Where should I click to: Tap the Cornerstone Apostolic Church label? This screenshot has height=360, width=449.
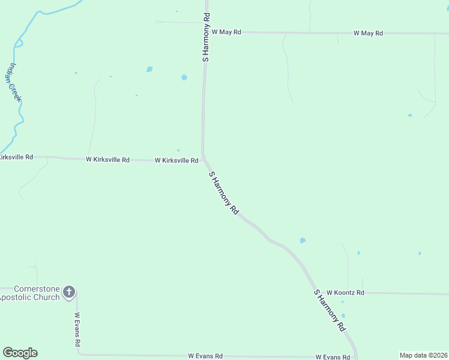(30, 293)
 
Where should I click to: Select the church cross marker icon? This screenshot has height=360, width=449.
(69, 292)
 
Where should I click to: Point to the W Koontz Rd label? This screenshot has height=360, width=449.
(345, 293)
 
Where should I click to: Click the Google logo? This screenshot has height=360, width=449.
(20, 353)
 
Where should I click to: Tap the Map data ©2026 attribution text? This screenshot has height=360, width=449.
(423, 355)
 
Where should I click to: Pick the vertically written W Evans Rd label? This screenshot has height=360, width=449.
(77, 329)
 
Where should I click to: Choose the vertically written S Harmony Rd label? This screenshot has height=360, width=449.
(206, 37)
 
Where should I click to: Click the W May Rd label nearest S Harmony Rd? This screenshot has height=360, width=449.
(226, 32)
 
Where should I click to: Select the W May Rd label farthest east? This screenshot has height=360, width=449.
(368, 33)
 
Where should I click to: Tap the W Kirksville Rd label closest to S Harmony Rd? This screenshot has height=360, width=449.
(176, 161)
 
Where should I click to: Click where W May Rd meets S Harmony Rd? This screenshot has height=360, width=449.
(206, 32)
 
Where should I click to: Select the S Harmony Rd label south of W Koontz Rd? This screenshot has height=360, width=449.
(330, 311)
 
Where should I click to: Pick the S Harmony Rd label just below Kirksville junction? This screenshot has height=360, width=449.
(224, 193)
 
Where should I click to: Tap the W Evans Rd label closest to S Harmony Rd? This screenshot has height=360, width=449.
(333, 357)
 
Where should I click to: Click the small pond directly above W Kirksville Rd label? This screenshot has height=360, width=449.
(178, 151)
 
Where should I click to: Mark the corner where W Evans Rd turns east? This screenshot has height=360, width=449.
(79, 353)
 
